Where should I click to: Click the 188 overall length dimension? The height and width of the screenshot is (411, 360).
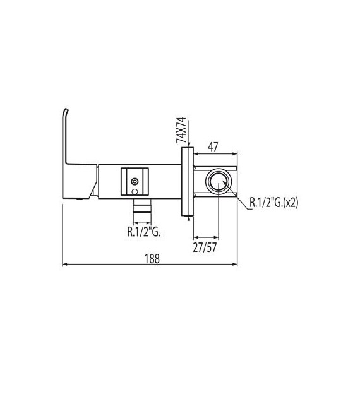tap(150, 258)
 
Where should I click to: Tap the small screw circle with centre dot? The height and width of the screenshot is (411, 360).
tap(135, 181)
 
